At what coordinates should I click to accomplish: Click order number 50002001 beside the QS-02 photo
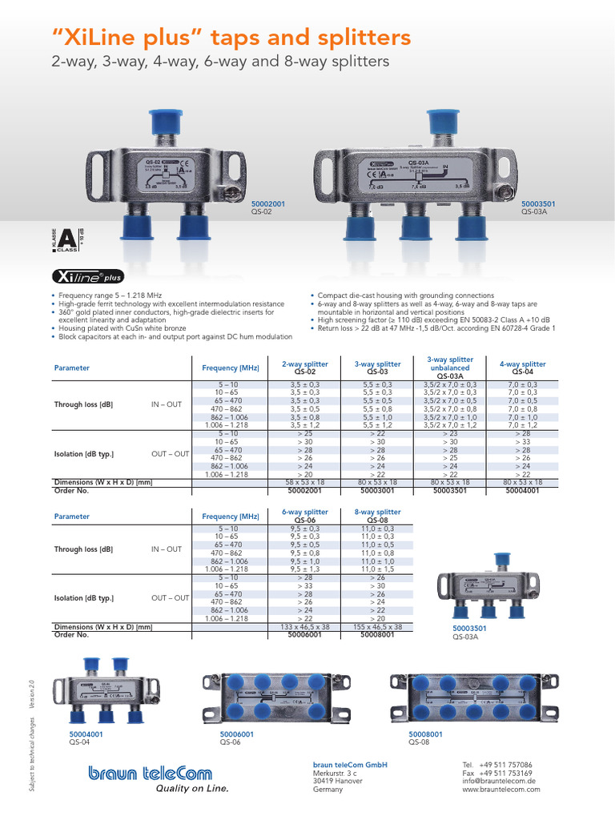[x=268, y=204]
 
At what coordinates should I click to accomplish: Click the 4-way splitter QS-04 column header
[x=522, y=368]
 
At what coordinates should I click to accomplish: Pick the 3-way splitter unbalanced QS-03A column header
[x=449, y=368]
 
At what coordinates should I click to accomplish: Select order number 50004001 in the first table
[x=522, y=490]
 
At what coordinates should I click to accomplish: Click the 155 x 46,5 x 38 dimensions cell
[x=376, y=627]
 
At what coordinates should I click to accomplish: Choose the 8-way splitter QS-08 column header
[x=376, y=516]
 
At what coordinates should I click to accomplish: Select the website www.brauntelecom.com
[x=500, y=790]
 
